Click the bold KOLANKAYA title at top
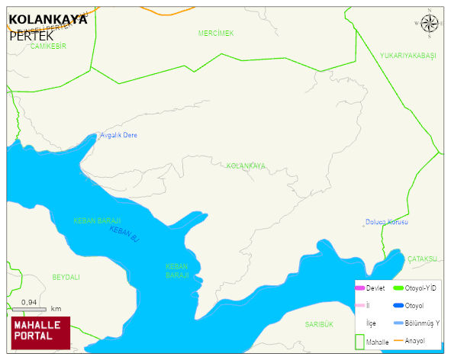(x=47, y=20)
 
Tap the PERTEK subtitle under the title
(x=31, y=35)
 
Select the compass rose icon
(x=430, y=25)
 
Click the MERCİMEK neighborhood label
(x=215, y=34)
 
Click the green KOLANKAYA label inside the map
(x=246, y=166)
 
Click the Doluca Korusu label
(x=386, y=222)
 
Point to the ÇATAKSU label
(x=421, y=259)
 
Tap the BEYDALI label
(x=66, y=277)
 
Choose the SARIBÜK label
(x=319, y=324)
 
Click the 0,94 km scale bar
(x=30, y=308)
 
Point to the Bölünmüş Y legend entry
(x=421, y=323)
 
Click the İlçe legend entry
(x=371, y=323)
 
